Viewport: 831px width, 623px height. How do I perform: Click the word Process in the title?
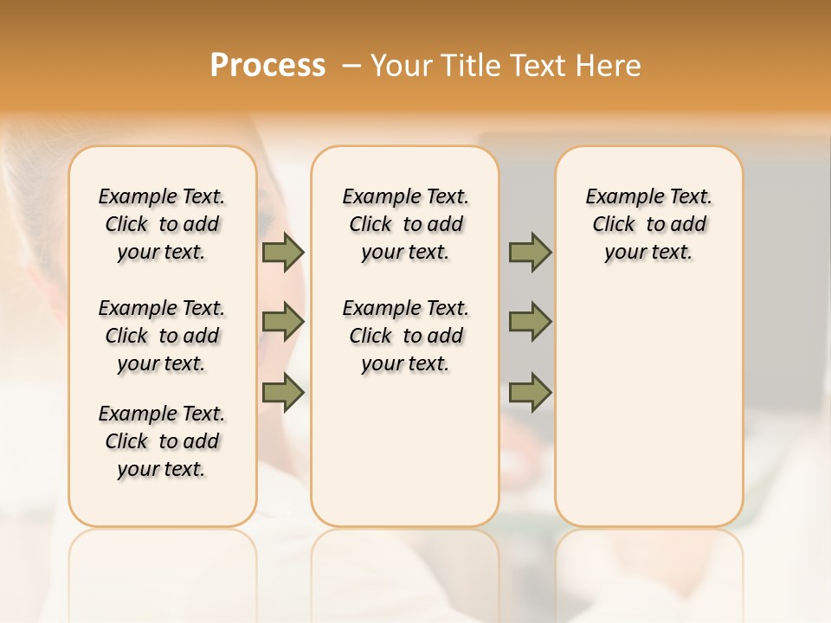(x=267, y=66)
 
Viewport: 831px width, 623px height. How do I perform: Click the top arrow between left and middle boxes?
(x=283, y=252)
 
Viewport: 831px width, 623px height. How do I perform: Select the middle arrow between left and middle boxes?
(x=283, y=322)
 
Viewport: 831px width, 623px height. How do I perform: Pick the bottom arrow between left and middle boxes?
(x=283, y=392)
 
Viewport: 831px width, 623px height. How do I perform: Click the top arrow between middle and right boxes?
(x=530, y=252)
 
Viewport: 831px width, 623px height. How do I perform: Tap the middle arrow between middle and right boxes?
(x=530, y=322)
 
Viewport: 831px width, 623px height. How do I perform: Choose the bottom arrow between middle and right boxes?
(x=530, y=392)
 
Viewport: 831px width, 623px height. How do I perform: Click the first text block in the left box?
(x=162, y=224)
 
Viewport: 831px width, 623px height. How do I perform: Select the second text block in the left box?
(x=162, y=336)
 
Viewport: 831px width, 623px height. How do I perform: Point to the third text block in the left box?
(x=162, y=441)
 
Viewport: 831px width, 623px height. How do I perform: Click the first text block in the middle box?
(x=405, y=224)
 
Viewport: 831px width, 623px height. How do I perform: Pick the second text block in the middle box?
(x=405, y=336)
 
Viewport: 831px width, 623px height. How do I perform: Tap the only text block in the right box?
(x=648, y=224)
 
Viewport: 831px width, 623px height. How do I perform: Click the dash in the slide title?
(x=351, y=66)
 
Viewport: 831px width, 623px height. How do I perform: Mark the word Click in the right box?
(x=615, y=225)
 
